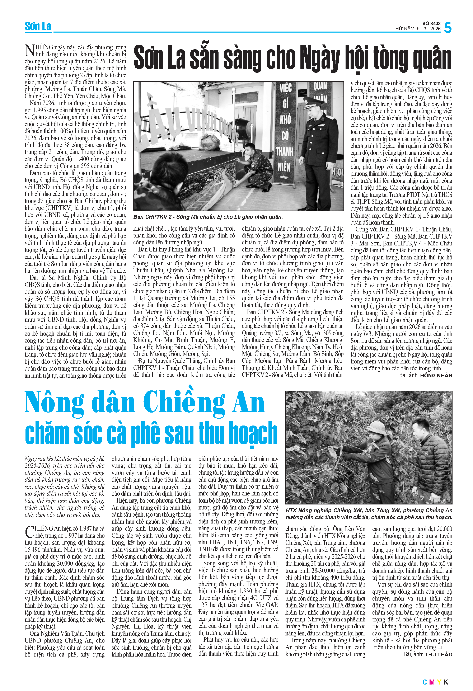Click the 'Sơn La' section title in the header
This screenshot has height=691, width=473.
[38, 27]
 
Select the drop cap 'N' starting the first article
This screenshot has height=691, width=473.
[30, 51]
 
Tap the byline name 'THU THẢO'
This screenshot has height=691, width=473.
[438, 654]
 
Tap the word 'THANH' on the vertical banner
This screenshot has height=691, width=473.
[285, 152]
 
